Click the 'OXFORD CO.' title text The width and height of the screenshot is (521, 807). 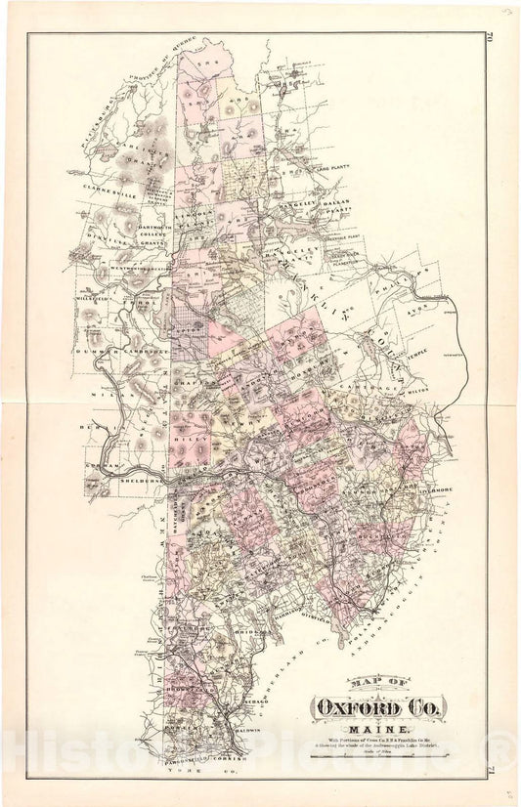tap(377, 705)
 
